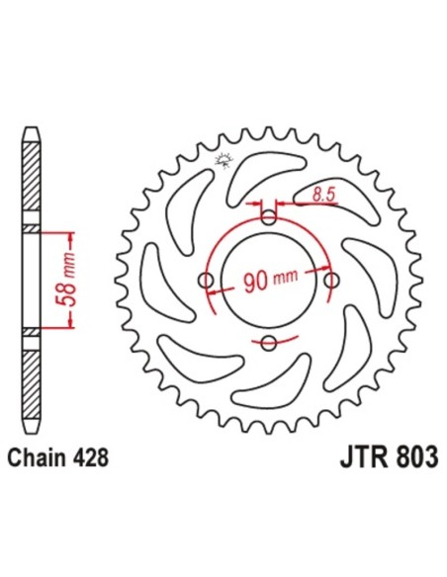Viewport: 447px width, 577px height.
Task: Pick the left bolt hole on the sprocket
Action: tap(206, 281)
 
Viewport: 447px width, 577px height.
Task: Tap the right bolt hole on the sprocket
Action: tap(329, 282)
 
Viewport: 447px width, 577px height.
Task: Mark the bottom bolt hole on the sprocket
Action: tap(268, 343)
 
